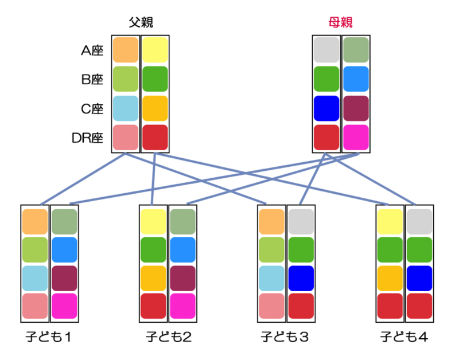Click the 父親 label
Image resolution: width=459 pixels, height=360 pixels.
(141, 22)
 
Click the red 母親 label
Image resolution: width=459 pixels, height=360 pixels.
(340, 22)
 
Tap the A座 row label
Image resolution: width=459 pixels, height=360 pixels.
(92, 50)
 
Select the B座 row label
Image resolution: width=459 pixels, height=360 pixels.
(92, 80)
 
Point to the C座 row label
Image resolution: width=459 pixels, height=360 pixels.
(92, 109)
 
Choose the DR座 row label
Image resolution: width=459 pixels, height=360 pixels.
(88, 138)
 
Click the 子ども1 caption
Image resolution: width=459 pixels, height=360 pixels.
(48, 337)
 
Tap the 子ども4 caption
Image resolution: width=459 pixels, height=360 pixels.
(404, 337)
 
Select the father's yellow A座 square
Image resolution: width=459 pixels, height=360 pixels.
(155, 50)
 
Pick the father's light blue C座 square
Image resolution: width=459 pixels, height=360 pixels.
(126, 108)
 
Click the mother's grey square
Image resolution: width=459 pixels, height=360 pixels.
(326, 50)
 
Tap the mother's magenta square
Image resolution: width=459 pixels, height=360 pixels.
(356, 138)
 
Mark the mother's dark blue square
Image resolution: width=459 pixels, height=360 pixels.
(326, 108)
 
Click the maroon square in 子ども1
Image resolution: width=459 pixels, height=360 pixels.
(64, 278)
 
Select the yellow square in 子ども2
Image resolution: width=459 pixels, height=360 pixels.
(153, 222)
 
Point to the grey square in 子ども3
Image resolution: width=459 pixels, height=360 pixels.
(301, 222)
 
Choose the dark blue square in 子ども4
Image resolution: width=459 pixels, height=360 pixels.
(419, 278)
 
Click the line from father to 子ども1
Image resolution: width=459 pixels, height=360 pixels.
(83, 179)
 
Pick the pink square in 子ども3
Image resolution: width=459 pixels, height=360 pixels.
(271, 306)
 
